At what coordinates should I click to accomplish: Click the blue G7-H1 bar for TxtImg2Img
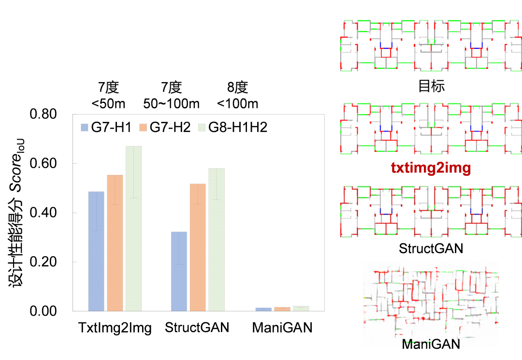(96, 251)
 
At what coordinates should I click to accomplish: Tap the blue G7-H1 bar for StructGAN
(179, 271)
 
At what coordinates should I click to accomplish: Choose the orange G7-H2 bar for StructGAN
(198, 247)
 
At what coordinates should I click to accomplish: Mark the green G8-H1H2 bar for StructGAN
(217, 239)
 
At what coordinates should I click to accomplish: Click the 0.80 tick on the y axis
(43, 115)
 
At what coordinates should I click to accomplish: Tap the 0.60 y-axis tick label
(43, 164)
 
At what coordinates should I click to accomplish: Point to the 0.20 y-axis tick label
(43, 262)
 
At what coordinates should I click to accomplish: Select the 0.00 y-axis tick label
(43, 311)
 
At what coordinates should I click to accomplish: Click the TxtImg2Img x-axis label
(115, 328)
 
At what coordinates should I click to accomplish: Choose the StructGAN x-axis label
(197, 328)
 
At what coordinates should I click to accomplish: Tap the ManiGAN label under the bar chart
(282, 328)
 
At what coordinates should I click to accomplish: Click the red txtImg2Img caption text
(431, 168)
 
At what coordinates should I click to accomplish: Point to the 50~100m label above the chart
(171, 104)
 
